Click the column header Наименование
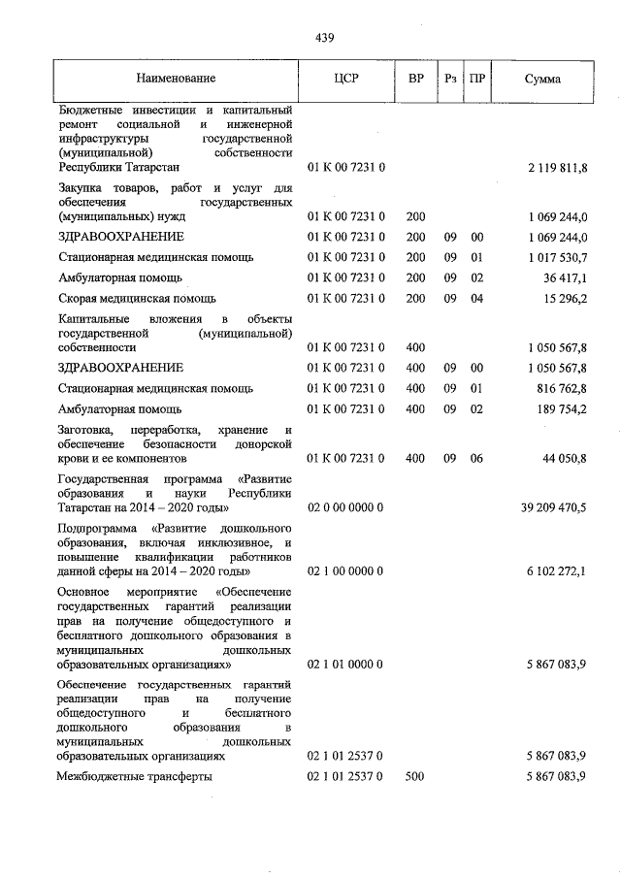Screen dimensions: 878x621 (176, 79)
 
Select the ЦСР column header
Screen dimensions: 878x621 (345, 79)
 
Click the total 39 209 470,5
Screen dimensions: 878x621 (554, 507)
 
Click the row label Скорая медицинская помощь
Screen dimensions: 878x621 (137, 298)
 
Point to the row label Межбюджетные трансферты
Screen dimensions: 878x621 (135, 776)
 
